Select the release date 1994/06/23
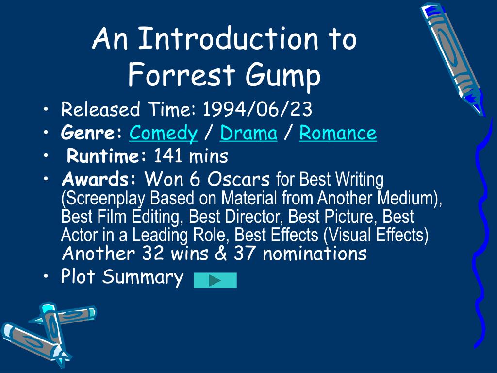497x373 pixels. click(257, 110)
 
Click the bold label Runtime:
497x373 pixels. click(107, 156)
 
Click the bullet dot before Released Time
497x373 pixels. click(45, 110)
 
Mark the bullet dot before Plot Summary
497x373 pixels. click(45, 277)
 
